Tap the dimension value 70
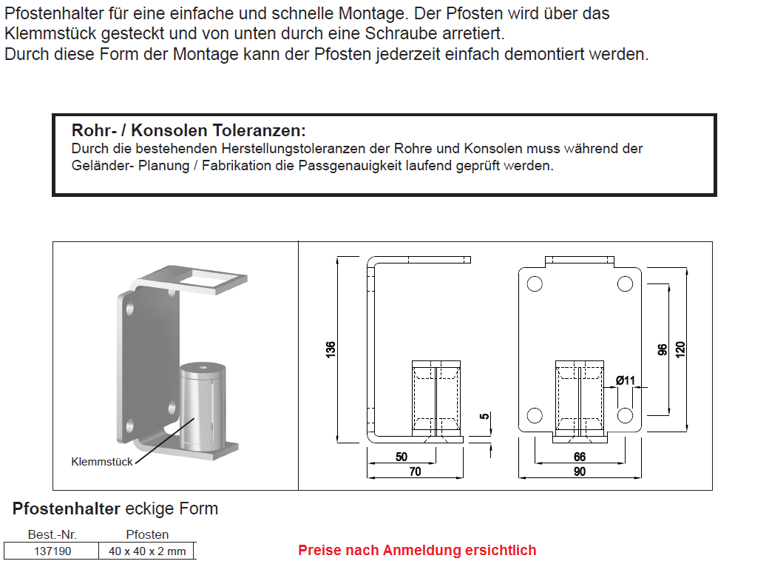click(x=415, y=471)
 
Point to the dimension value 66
click(x=580, y=457)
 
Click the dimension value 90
click(x=580, y=471)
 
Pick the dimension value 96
click(x=663, y=349)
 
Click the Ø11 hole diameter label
click(x=626, y=380)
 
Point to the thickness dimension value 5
click(x=485, y=417)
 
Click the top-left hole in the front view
click(x=535, y=283)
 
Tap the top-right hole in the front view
click(x=625, y=283)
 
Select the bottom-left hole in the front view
click(x=535, y=415)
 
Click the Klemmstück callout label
click(x=102, y=462)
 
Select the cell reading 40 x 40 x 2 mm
click(x=147, y=551)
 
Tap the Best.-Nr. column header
click(x=52, y=534)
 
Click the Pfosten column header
click(x=147, y=534)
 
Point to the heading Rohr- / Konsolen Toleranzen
click(x=188, y=131)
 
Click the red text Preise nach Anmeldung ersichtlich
click(x=417, y=550)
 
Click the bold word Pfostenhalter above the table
click(x=67, y=509)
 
